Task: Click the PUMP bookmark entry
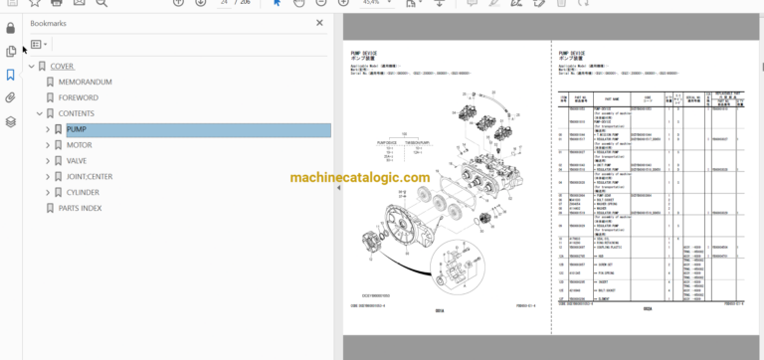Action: click(x=77, y=130)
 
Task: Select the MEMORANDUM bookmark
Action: click(x=85, y=83)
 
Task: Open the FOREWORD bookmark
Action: click(x=79, y=98)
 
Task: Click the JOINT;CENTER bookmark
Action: click(x=96, y=176)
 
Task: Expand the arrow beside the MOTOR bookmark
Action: click(x=47, y=145)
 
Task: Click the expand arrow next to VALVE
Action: click(x=47, y=161)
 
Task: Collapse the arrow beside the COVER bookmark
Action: click(x=31, y=67)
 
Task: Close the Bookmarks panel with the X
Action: click(x=319, y=22)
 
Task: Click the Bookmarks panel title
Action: click(x=49, y=22)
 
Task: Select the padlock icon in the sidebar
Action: click(x=10, y=28)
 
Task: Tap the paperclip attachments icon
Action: click(x=10, y=98)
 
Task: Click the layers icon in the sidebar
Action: click(x=10, y=122)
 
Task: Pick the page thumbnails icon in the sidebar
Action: click(x=10, y=52)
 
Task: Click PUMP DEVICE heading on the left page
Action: click(x=365, y=52)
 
